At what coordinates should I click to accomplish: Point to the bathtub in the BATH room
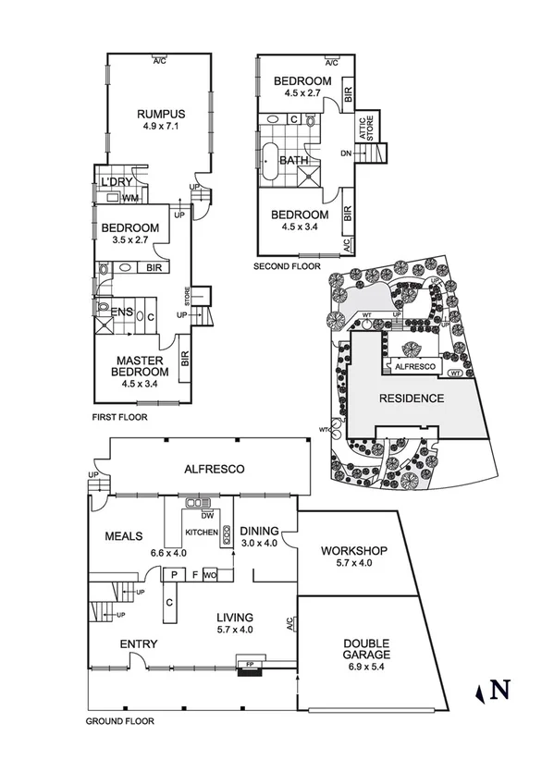point(270,162)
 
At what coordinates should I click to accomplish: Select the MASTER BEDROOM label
point(141,366)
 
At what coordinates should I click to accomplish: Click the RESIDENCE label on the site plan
point(412,398)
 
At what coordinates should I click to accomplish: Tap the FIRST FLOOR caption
point(119,417)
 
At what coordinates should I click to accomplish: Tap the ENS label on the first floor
point(119,313)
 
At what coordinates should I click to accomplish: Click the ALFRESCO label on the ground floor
point(213,470)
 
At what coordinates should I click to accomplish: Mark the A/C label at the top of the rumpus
point(160,61)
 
